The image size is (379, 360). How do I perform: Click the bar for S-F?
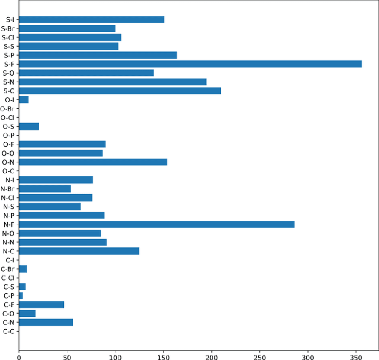tap(190, 64)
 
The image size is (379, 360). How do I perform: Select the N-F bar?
tap(156, 224)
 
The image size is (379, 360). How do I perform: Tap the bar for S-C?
tap(120, 91)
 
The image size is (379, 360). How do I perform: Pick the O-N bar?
tap(93, 162)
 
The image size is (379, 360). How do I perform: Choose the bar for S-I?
tap(91, 20)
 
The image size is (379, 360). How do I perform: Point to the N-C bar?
tap(79, 251)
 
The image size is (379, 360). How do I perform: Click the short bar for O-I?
tap(24, 99)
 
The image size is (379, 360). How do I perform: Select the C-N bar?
tap(46, 322)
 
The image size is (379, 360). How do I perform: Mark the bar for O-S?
tap(29, 126)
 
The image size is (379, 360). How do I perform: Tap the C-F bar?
tap(41, 304)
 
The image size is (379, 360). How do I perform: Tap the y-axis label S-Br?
tap(8, 28)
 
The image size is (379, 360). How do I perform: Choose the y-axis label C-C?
tap(8, 331)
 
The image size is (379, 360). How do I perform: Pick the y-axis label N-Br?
tap(8, 189)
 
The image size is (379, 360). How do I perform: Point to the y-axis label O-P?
tap(8, 135)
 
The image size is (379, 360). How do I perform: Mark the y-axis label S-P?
tap(9, 55)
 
